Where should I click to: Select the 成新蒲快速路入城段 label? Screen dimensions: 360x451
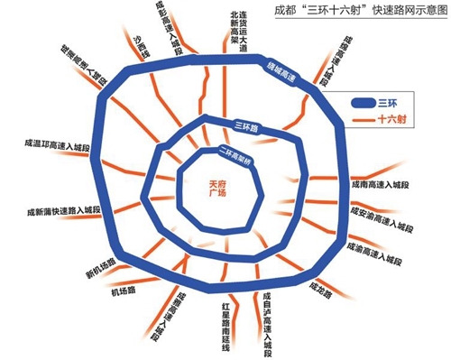coord(62,214)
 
